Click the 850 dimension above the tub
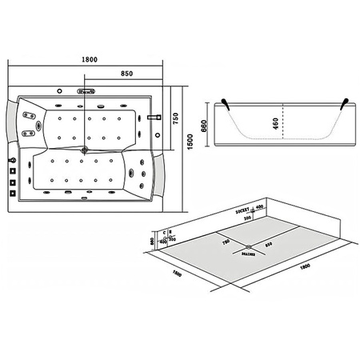(x=126, y=73)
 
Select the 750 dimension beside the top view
(x=174, y=117)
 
